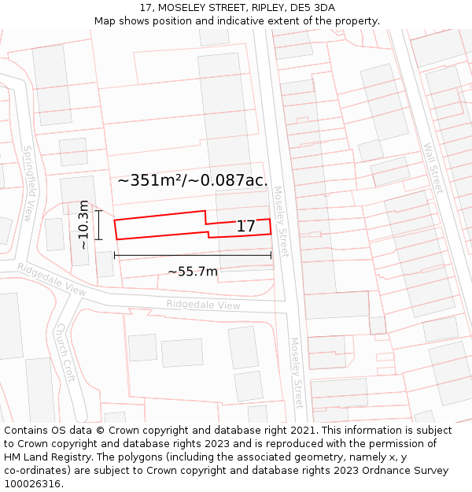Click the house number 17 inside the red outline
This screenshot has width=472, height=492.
point(245,227)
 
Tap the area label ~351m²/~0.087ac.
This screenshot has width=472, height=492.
point(193,180)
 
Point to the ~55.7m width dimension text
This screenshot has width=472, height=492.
point(193,272)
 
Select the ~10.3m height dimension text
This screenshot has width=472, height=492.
point(84,225)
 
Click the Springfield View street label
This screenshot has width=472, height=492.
point(28,183)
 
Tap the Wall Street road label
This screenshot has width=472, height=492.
point(433,168)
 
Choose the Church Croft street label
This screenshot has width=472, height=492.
point(65,352)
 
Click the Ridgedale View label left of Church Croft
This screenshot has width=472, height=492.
point(52,279)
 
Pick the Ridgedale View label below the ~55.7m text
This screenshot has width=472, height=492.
point(203,305)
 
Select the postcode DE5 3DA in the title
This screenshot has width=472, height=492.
point(312,8)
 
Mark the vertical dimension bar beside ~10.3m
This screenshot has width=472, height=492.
point(98,225)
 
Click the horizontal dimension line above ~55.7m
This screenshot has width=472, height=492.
point(193,255)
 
